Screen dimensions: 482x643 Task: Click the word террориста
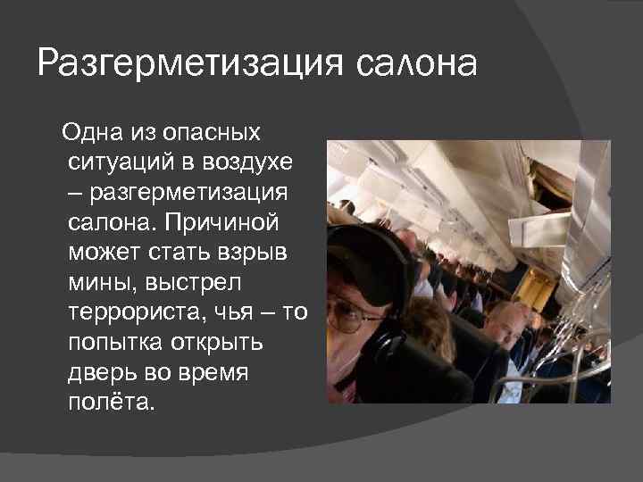pyautogui.click(x=132, y=310)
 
